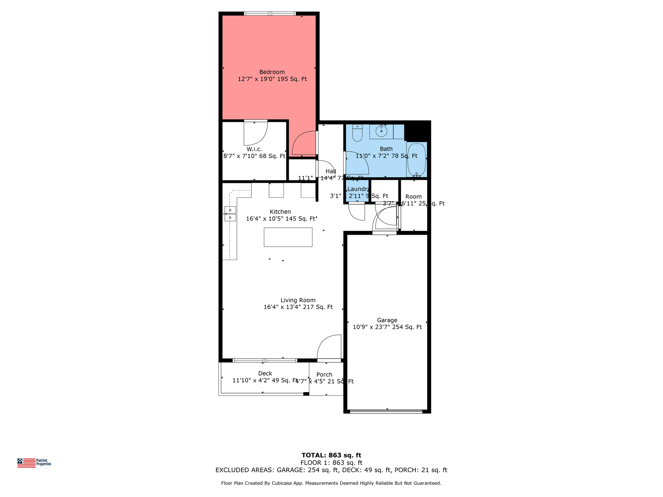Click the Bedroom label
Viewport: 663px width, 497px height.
pyautogui.click(x=272, y=72)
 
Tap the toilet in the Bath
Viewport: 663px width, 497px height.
pyautogui.click(x=357, y=134)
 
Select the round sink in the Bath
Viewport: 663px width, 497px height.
pyautogui.click(x=381, y=131)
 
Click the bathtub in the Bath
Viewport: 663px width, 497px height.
pyautogui.click(x=416, y=160)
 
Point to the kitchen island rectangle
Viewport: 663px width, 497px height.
pyautogui.click(x=288, y=237)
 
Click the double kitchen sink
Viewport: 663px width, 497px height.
pyautogui.click(x=230, y=214)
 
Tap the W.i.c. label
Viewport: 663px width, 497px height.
pyautogui.click(x=254, y=149)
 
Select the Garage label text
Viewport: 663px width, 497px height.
pyautogui.click(x=387, y=320)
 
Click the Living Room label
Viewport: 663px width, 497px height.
pyautogui.click(x=298, y=300)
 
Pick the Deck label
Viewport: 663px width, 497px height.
pyautogui.click(x=265, y=373)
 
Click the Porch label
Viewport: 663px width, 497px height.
pyautogui.click(x=324, y=374)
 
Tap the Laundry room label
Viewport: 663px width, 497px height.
pyautogui.click(x=358, y=189)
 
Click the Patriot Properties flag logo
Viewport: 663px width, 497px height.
pyautogui.click(x=27, y=463)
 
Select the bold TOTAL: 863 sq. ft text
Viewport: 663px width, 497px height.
pyautogui.click(x=331, y=455)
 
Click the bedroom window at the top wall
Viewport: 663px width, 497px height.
pyautogui.click(x=270, y=14)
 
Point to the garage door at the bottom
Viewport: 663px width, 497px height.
pyautogui.click(x=386, y=411)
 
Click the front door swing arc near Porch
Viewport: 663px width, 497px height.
pyautogui.click(x=328, y=346)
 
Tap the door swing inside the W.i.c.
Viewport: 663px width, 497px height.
pyautogui.click(x=256, y=134)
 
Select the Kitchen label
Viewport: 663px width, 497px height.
pyautogui.click(x=280, y=212)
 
